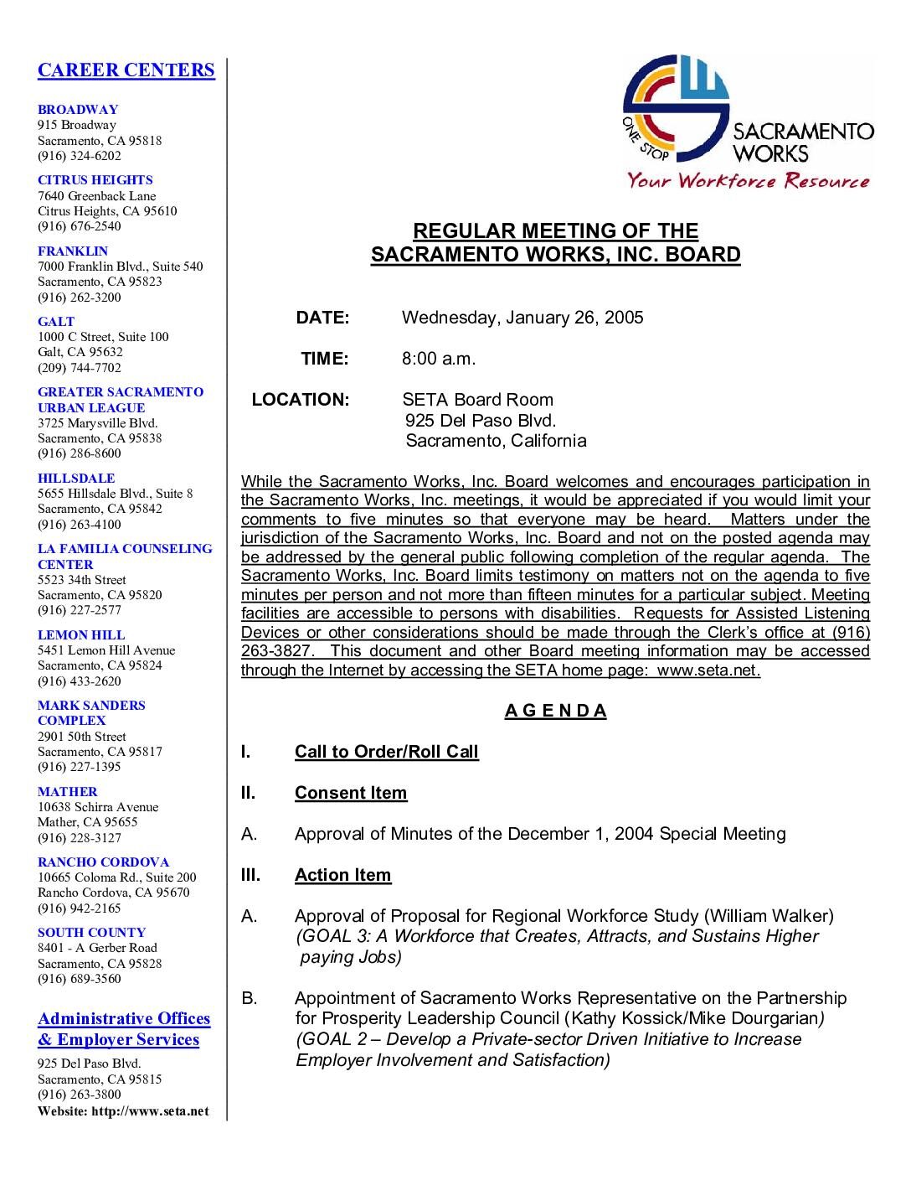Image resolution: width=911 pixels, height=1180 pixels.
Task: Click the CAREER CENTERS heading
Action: (126, 70)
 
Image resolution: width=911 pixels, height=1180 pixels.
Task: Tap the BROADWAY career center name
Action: (78, 110)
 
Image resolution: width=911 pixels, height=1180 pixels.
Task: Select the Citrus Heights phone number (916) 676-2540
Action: (79, 226)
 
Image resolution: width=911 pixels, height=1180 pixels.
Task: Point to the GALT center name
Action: (56, 322)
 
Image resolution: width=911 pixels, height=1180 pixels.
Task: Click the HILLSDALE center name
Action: (76, 479)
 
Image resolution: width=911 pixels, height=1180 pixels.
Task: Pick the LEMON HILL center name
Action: (81, 635)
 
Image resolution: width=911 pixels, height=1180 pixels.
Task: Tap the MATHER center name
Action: (67, 792)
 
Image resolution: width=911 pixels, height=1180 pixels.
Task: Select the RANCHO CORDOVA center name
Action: (103, 862)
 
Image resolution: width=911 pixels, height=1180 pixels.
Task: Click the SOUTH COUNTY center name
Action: (91, 933)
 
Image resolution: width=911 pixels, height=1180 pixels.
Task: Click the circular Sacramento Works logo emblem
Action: (675, 110)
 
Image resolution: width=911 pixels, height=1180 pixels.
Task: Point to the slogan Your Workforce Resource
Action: (749, 180)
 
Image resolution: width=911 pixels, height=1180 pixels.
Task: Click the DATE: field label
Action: (322, 318)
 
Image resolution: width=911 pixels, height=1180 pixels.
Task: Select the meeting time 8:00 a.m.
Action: (439, 359)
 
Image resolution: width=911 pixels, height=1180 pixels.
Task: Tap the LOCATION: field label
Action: (301, 400)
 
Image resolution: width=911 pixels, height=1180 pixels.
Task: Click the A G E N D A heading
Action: (555, 712)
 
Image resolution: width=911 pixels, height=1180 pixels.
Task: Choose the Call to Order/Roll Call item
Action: (386, 752)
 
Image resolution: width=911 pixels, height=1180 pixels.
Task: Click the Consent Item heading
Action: (351, 793)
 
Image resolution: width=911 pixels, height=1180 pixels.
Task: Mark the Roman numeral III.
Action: (250, 875)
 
